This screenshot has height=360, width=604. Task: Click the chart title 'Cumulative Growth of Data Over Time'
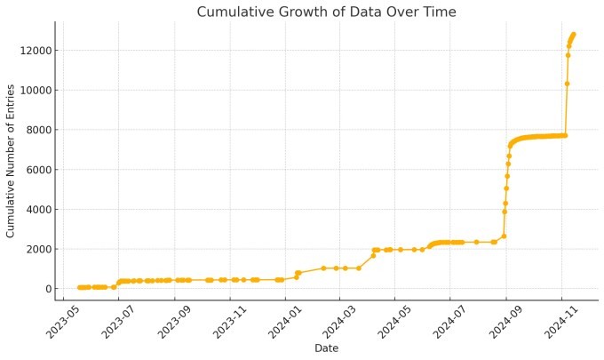[326, 12]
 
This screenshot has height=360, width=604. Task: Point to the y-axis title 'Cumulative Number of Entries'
[12, 162]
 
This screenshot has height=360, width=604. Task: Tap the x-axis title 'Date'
[326, 348]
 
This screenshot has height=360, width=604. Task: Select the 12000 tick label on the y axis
[31, 51]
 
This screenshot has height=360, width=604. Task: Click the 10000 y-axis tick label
[31, 90]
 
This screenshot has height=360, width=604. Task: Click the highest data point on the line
[574, 35]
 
